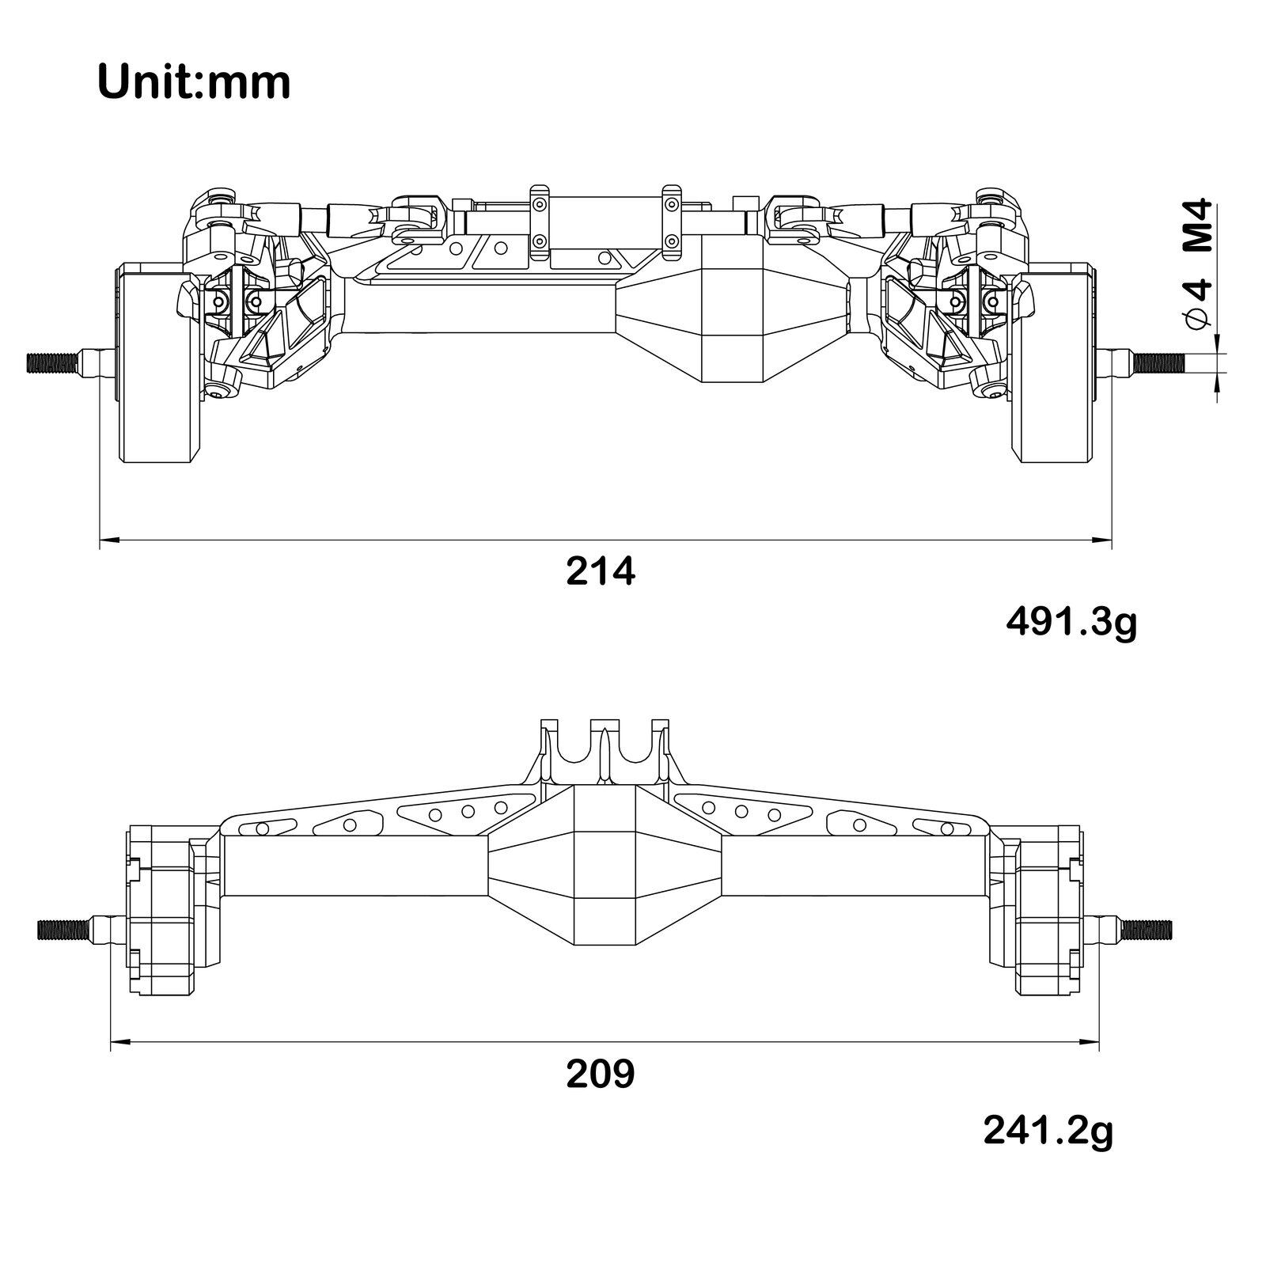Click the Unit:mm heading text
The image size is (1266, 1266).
194,82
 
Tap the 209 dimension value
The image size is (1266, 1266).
601,1074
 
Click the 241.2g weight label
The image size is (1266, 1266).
1048,1130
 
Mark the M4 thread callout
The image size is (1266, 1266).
1200,226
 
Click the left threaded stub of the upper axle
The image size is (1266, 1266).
53,362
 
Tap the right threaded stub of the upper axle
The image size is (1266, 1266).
1158,362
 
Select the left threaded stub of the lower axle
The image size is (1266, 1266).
65,929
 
